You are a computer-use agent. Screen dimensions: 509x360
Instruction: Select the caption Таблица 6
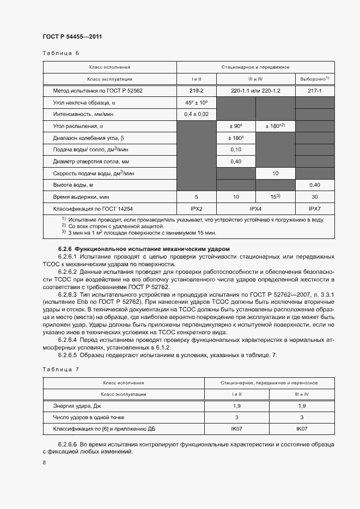pyautogui.click(x=60, y=53)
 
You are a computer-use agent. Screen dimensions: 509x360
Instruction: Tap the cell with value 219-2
pyautogui.click(x=196, y=90)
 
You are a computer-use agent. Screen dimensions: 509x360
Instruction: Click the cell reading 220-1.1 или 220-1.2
pyautogui.click(x=255, y=90)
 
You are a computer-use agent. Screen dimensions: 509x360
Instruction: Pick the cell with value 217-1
pyautogui.click(x=314, y=90)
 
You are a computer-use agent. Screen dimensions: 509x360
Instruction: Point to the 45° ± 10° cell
pyautogui.click(x=196, y=102)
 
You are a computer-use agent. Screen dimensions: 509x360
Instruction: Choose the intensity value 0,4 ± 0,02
pyautogui.click(x=196, y=114)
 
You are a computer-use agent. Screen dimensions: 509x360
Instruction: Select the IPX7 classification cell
pyautogui.click(x=314, y=208)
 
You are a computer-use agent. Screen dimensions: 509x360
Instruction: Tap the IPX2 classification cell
pyautogui.click(x=196, y=208)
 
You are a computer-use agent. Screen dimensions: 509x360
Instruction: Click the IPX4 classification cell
pyautogui.click(x=255, y=208)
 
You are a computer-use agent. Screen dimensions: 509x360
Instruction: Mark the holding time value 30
pyautogui.click(x=314, y=197)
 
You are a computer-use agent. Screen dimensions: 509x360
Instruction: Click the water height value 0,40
pyautogui.click(x=314, y=185)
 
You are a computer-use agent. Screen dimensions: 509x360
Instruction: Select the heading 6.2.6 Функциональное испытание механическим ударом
pyautogui.click(x=144, y=249)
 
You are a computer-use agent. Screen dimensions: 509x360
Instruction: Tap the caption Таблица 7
pyautogui.click(x=60, y=369)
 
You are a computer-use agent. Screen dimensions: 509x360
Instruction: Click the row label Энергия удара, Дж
pyautogui.click(x=78, y=406)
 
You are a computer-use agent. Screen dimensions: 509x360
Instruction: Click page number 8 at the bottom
pyautogui.click(x=44, y=463)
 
